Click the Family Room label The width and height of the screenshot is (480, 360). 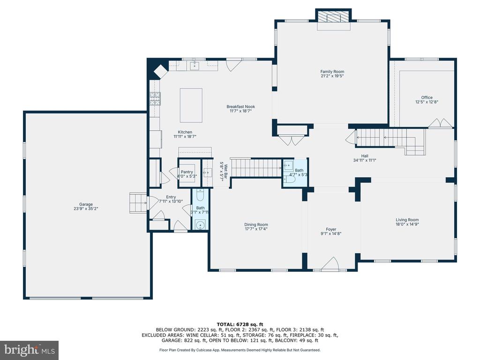(x=332, y=72)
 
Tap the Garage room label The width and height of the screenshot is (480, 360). (x=86, y=204)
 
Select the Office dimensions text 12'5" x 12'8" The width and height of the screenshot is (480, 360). (x=427, y=102)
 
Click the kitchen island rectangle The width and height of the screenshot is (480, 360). (x=191, y=105)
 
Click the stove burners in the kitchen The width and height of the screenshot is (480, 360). (x=155, y=98)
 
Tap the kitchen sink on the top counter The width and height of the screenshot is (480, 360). (x=195, y=66)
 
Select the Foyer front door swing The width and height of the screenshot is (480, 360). (x=330, y=264)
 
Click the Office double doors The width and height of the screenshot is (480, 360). (x=440, y=123)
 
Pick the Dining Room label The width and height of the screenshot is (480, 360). (x=256, y=225)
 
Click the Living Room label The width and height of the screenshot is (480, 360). (x=407, y=219)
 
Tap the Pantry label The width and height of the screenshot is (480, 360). (x=187, y=172)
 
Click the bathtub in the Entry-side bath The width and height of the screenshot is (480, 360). (x=200, y=195)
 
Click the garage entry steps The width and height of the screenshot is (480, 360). (x=139, y=202)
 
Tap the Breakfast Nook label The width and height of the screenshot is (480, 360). (x=240, y=106)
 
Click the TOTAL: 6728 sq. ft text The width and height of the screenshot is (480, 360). (x=240, y=324)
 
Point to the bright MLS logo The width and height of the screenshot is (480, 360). (x=30, y=350)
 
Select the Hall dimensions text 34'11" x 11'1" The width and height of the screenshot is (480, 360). (x=365, y=160)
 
